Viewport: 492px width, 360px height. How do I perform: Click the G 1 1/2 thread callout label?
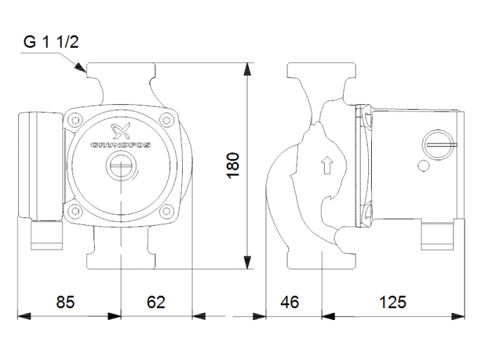(51, 42)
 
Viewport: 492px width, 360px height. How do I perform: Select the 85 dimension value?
(65, 302)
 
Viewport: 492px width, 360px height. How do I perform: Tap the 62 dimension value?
(156, 302)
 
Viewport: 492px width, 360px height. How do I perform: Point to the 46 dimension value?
(290, 302)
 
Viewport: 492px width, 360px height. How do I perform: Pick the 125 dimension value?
(393, 302)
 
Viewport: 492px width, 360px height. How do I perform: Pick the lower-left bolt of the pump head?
(75, 212)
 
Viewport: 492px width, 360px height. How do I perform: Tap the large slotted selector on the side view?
(434, 145)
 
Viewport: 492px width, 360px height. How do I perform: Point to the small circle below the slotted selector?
(422, 167)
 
